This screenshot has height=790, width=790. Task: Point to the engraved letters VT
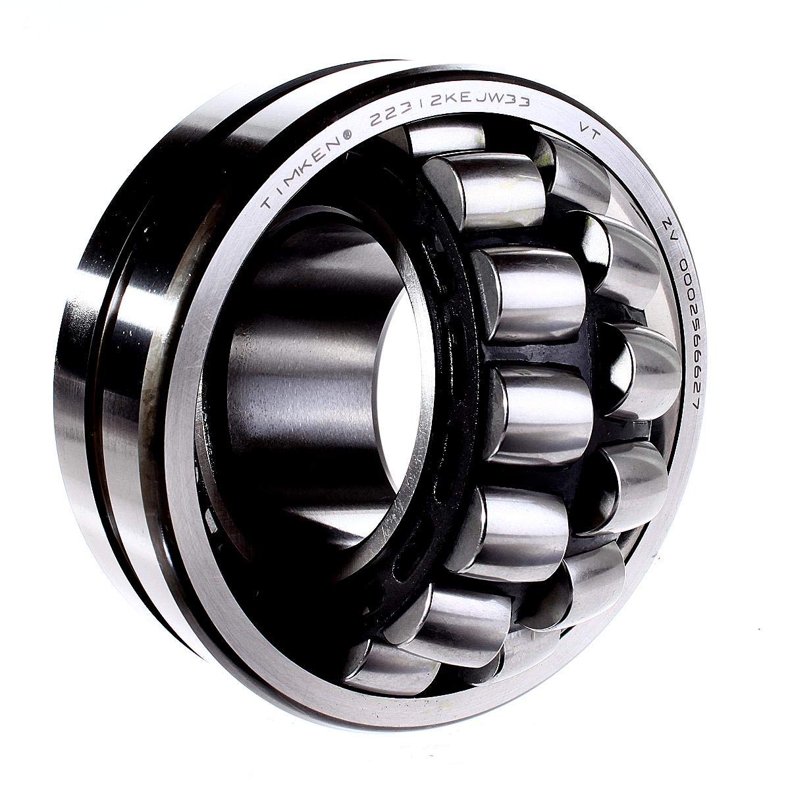[588, 132]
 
